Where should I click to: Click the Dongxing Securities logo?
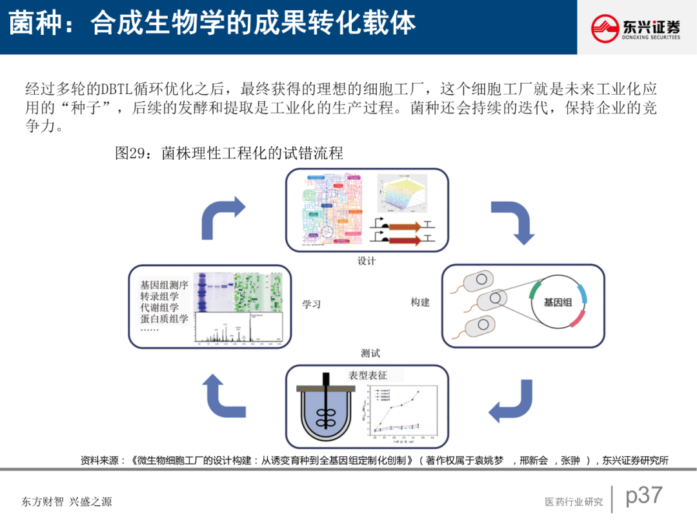(x=636, y=28)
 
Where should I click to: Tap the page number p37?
(x=644, y=495)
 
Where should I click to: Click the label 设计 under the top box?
(x=367, y=261)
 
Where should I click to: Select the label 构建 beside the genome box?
(x=420, y=302)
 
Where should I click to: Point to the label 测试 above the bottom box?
(x=370, y=353)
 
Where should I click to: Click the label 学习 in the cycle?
(x=312, y=304)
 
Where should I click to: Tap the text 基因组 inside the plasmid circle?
(x=558, y=302)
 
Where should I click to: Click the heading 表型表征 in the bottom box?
(x=368, y=375)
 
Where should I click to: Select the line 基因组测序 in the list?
(x=165, y=284)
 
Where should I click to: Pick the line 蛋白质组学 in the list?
(x=165, y=318)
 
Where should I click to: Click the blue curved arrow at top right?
(x=513, y=221)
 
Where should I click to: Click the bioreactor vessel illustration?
(x=327, y=410)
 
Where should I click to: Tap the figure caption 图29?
(x=228, y=153)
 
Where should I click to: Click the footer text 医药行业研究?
(x=574, y=502)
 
